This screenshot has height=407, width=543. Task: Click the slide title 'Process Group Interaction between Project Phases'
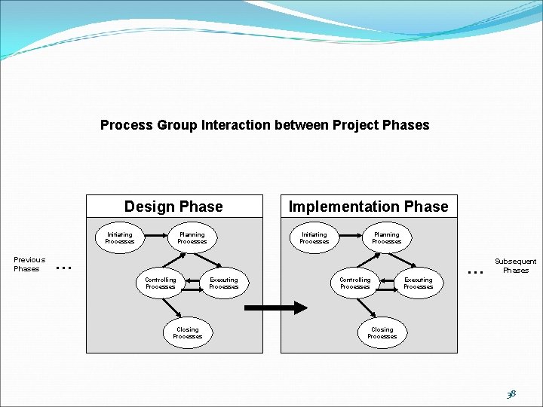click(265, 125)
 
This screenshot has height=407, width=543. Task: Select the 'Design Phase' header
click(173, 207)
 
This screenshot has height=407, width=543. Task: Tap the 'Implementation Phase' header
click(368, 207)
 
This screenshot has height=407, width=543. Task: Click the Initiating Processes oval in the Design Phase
click(119, 238)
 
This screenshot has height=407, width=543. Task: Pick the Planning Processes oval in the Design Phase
click(192, 238)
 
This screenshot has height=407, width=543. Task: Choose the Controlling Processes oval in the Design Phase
click(161, 283)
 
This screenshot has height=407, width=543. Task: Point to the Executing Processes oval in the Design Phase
click(223, 283)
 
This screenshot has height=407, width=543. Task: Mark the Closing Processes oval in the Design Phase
click(187, 332)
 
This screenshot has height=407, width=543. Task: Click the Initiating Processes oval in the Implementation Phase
click(314, 238)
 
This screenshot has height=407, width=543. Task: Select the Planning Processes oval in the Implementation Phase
click(387, 238)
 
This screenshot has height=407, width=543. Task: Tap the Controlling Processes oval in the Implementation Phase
click(355, 283)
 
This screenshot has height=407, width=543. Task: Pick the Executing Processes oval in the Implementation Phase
click(418, 283)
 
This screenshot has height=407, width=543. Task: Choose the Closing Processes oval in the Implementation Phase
click(382, 332)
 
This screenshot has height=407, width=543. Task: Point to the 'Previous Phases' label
click(29, 264)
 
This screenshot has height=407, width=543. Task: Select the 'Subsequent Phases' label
click(516, 265)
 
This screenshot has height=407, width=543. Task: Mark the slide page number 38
click(511, 393)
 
